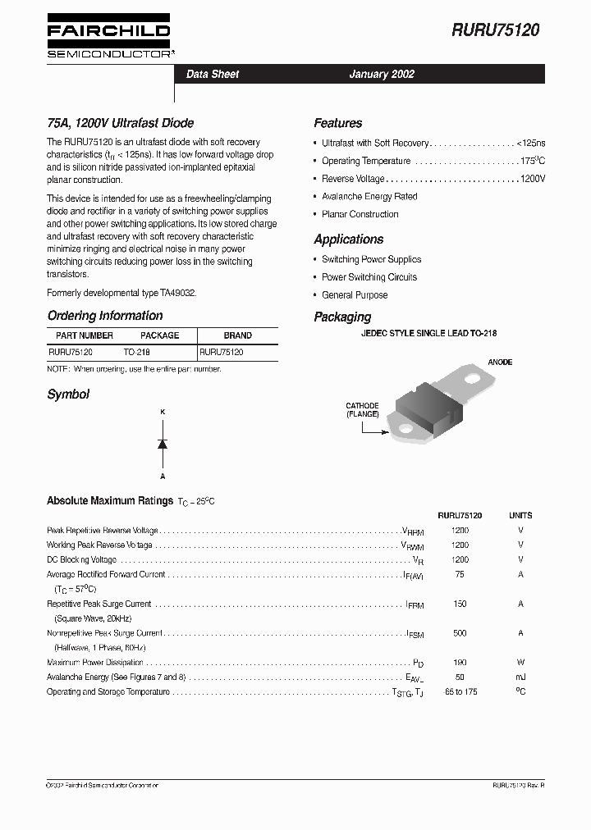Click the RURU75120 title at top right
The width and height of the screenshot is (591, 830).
pyautogui.click(x=495, y=30)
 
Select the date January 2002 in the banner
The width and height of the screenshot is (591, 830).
pyautogui.click(x=382, y=74)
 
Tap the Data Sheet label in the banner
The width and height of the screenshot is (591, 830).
pyautogui.click(x=213, y=74)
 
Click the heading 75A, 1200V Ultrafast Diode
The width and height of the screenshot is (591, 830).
pyautogui.click(x=120, y=123)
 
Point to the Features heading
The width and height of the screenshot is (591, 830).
pyautogui.click(x=337, y=123)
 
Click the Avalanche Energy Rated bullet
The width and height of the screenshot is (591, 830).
pyautogui.click(x=369, y=197)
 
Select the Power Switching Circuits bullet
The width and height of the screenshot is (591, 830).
pyautogui.click(x=369, y=277)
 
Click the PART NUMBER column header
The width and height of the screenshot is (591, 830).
pyautogui.click(x=85, y=335)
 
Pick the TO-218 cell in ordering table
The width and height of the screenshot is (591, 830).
pyautogui.click(x=137, y=351)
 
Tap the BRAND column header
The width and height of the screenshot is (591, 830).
pyautogui.click(x=238, y=335)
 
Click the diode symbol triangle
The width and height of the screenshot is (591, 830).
pyautogui.click(x=163, y=444)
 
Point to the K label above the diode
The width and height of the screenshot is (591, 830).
pyautogui.click(x=163, y=412)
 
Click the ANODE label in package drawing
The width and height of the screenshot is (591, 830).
pyautogui.click(x=500, y=362)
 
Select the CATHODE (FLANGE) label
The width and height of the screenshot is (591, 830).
pyautogui.click(x=362, y=410)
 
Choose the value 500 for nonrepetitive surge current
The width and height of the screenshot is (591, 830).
pyautogui.click(x=460, y=633)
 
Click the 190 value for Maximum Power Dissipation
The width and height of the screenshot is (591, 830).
pyautogui.click(x=460, y=663)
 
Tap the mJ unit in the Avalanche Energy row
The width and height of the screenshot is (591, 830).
pyautogui.click(x=520, y=677)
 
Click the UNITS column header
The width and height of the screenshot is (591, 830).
pyautogui.click(x=520, y=516)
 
